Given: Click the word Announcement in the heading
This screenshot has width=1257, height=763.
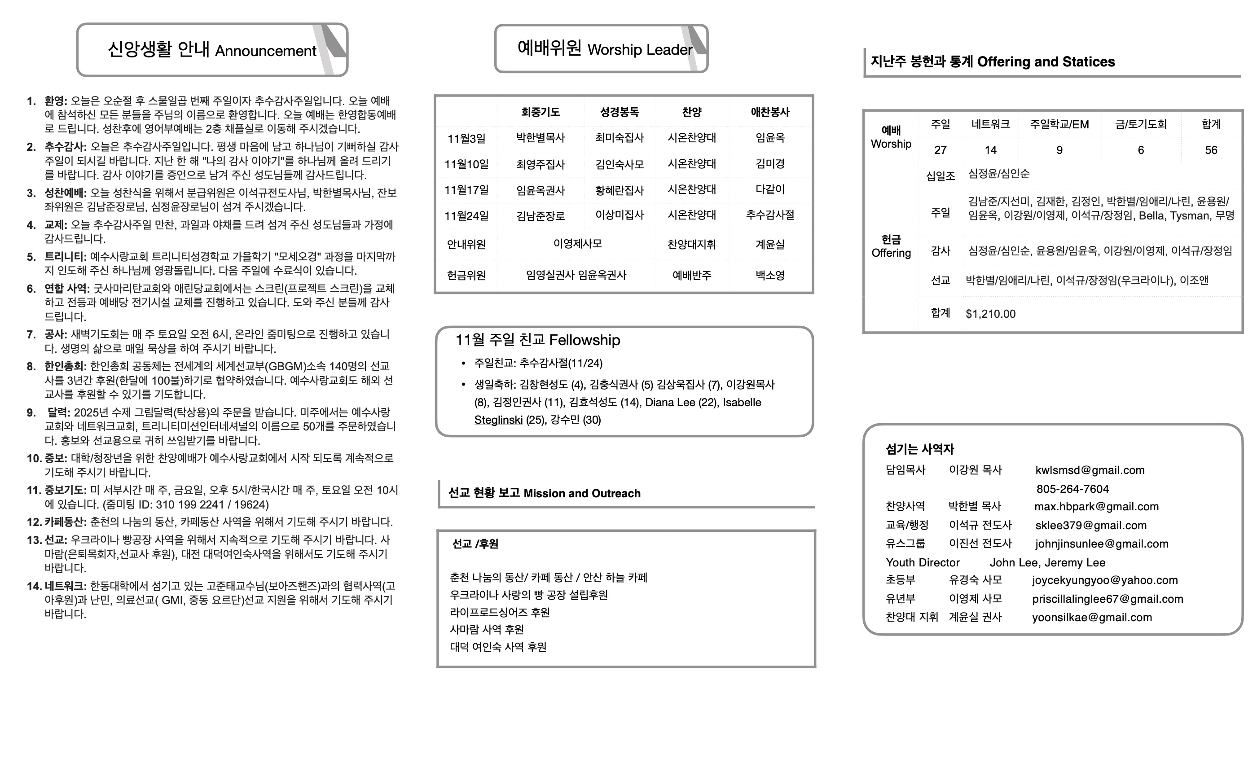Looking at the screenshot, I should click(x=265, y=51).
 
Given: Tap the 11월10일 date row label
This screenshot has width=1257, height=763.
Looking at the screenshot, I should click(x=466, y=164).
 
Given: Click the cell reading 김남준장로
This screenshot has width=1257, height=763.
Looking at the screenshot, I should click(x=540, y=216).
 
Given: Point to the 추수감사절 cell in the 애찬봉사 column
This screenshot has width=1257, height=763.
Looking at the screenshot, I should click(x=770, y=215).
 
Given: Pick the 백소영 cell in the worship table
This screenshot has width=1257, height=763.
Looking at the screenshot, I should click(x=770, y=276).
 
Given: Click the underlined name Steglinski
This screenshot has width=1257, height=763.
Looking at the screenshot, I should click(x=498, y=420).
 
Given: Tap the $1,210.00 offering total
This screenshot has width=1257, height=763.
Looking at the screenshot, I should click(x=990, y=314).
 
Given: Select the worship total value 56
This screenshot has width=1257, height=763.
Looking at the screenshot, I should click(x=1211, y=150).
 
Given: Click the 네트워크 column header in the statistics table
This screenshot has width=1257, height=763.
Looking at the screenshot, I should click(x=990, y=124).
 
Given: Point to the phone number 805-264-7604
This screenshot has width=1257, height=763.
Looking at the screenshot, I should click(x=1072, y=489).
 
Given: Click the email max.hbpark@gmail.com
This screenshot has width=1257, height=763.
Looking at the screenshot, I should click(x=1096, y=506).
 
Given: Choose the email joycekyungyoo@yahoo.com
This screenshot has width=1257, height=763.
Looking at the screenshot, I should click(x=1104, y=580).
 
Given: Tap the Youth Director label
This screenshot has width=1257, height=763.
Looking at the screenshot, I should click(x=923, y=562).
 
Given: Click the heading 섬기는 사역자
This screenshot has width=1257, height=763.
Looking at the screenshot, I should click(x=919, y=449).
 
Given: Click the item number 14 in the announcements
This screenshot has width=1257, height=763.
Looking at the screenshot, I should click(x=34, y=586).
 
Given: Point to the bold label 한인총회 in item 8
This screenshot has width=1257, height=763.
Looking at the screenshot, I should click(x=65, y=366).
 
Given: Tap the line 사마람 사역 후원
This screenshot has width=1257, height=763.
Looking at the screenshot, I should click(x=486, y=629).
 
